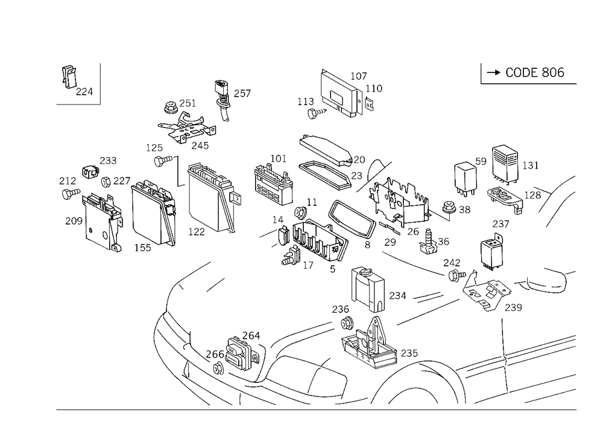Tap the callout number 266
[x=215, y=353]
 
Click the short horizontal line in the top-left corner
[x=78, y=106]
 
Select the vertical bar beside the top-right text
[x=482, y=72]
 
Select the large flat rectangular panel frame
[x=207, y=199]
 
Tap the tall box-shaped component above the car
[x=368, y=290]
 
